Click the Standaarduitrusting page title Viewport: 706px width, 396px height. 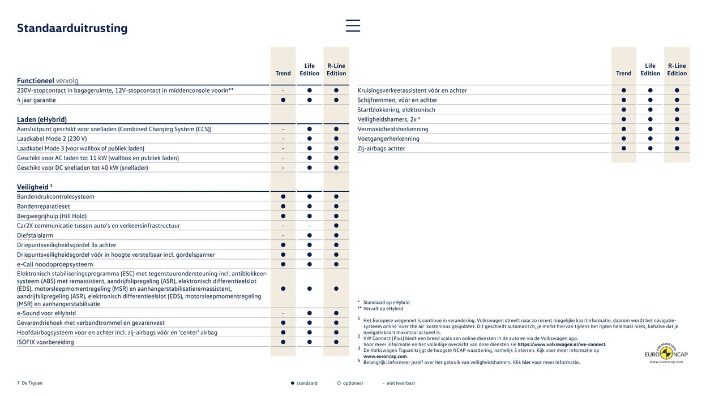pos(72,28)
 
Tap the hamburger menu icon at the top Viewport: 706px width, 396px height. pos(353,25)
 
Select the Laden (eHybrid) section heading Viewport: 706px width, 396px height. pos(42,119)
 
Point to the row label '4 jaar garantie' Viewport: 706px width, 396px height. pos(36,100)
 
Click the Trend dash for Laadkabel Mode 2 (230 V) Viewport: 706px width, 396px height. pos(283,139)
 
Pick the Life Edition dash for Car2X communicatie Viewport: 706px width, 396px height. pos(310,226)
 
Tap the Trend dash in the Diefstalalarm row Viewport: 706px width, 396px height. pos(283,235)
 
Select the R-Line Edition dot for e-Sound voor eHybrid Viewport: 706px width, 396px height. pos(336,313)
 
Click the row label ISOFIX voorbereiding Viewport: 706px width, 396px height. pos(45,342)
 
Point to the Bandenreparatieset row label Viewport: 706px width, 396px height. pos(44,206)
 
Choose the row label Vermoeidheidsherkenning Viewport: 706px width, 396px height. pos(393,129)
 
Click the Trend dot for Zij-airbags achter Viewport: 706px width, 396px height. pos(623,148)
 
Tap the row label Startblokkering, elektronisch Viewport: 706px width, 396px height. pos(396,110)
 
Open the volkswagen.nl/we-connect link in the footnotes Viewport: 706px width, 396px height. pos(562,345)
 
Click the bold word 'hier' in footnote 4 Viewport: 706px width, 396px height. pos(526,363)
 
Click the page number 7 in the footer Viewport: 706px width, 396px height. pos(19,383)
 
